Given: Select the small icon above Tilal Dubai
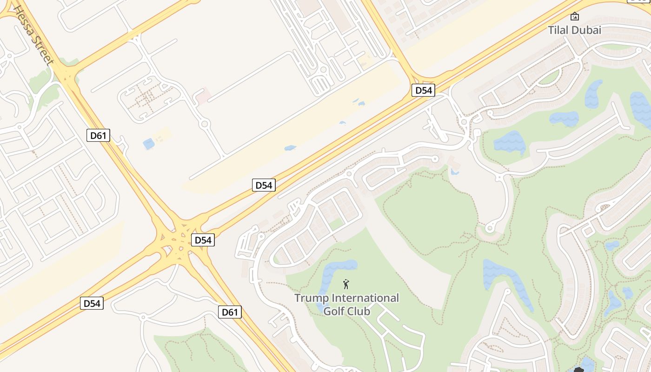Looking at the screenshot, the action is pyautogui.click(x=575, y=16).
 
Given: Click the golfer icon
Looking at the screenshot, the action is pyautogui.click(x=346, y=284).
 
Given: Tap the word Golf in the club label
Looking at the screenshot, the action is pyautogui.click(x=334, y=311).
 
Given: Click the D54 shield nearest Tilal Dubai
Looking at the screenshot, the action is pyautogui.click(x=423, y=90).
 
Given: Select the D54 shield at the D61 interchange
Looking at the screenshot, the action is pyautogui.click(x=203, y=240).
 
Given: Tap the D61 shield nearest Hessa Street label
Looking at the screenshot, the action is pyautogui.click(x=99, y=136).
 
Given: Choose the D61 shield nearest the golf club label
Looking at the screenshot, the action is pyautogui.click(x=230, y=312).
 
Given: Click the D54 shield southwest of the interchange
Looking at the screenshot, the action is pyautogui.click(x=92, y=303).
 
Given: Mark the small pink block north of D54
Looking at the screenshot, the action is pyautogui.click(x=203, y=97).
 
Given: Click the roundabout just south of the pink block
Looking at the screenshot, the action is pyautogui.click(x=204, y=124).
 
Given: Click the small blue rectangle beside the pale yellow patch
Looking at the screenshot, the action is pyautogui.click(x=149, y=144).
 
